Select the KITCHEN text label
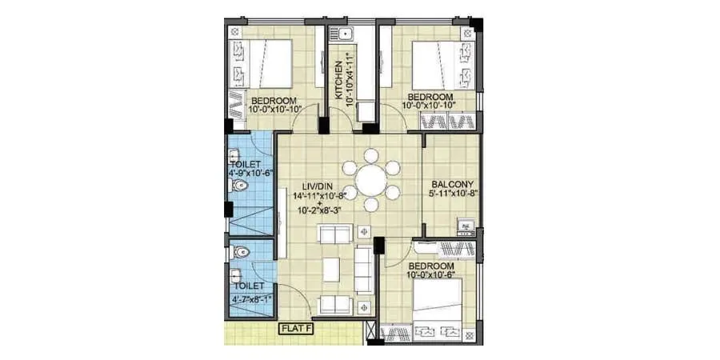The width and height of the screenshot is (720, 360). click(339, 79)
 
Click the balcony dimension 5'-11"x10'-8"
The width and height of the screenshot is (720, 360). click(450, 193)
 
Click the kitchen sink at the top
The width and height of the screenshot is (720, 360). click(346, 34)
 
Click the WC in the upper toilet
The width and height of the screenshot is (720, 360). click(238, 186)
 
